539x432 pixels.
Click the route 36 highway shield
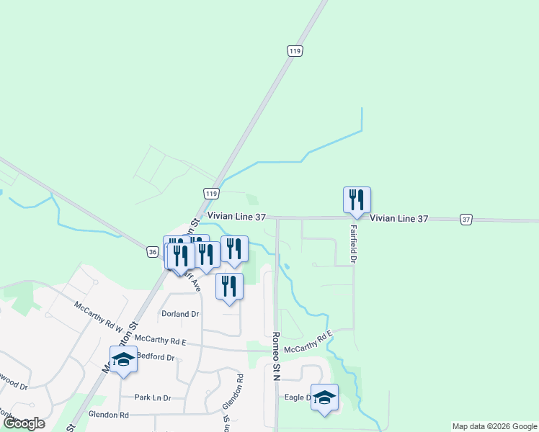pos(152,251)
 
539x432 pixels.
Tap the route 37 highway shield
pos(467,219)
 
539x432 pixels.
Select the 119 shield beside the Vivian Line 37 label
pos(211,194)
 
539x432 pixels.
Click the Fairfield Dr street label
pos(354,245)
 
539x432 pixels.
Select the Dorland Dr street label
pos(180,314)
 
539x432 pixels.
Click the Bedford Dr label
pos(156,357)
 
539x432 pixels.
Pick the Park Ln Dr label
pos(153,397)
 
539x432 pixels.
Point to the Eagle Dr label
pos(297,397)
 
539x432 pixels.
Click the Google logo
pos(23,423)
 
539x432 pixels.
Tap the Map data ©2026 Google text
pos(494,426)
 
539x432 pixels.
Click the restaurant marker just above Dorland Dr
pos(229,286)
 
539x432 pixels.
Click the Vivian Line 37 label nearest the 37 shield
pos(399,218)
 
